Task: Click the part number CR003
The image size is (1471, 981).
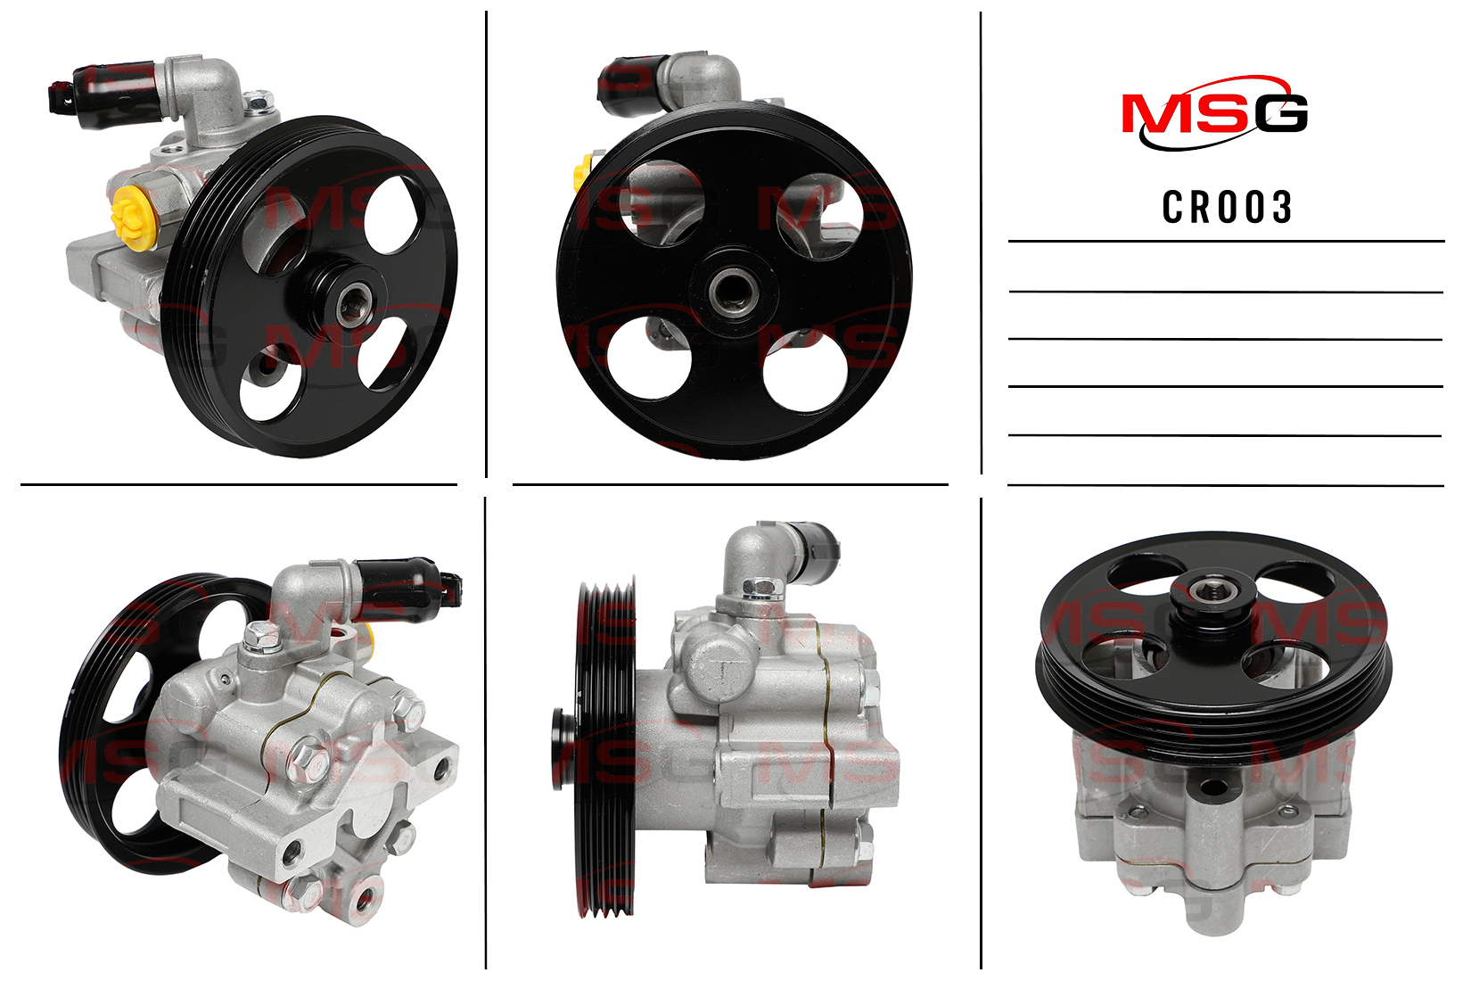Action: point(1227,207)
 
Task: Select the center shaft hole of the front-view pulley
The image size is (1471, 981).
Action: point(734,291)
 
